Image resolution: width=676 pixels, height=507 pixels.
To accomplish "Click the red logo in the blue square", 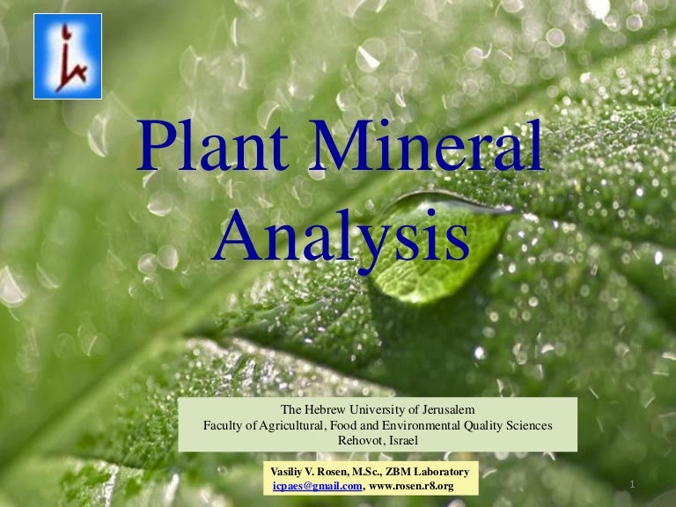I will pyautogui.click(x=68, y=56).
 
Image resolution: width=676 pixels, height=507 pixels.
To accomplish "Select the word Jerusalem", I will pyautogui.click(x=444, y=410).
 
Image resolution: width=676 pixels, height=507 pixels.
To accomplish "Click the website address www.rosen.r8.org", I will pyautogui.click(x=411, y=486).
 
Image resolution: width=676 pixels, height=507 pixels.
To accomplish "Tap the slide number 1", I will pyautogui.click(x=633, y=484).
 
